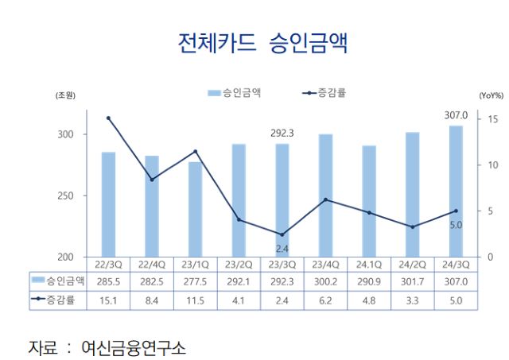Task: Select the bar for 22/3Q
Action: pos(108,204)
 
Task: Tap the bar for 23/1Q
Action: pos(195,209)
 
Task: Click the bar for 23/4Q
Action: pos(325,195)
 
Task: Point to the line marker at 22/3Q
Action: pos(108,118)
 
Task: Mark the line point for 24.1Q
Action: pos(369,213)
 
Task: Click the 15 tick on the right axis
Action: pos(493,119)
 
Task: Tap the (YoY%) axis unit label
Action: pos(491,95)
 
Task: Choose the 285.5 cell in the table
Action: pos(108,281)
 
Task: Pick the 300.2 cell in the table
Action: pos(325,281)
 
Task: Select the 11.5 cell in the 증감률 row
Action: pos(195,300)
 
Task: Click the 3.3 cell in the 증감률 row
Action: pos(412,300)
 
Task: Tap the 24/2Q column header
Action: pos(412,264)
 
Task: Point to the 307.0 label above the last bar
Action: pos(455,116)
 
